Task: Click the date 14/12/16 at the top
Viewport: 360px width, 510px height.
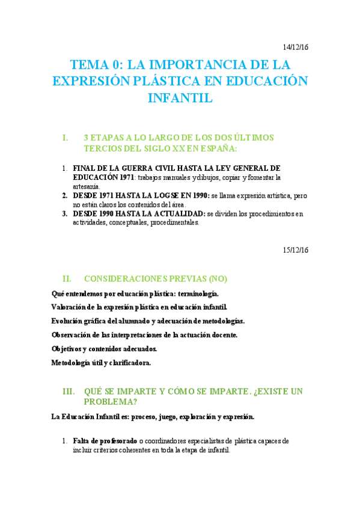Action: pos(296,48)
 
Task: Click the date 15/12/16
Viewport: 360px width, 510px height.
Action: pos(296,250)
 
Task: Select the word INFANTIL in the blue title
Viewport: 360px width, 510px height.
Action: pos(180,98)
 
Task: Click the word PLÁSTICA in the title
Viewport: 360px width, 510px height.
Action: pos(160,81)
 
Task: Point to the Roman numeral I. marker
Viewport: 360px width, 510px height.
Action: pos(66,138)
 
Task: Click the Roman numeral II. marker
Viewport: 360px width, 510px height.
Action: pos(67,279)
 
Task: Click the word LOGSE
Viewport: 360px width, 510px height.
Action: pos(163,195)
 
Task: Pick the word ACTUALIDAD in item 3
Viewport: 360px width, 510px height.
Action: pos(174,214)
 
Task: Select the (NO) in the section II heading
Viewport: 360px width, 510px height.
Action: pos(216,279)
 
